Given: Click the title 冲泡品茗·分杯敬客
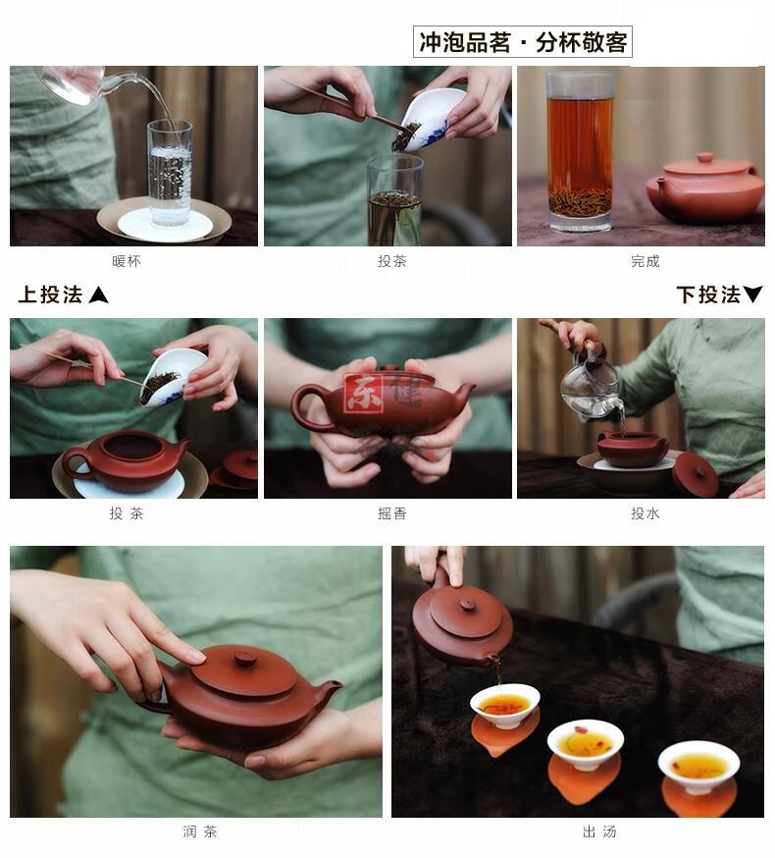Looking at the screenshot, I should [523, 42].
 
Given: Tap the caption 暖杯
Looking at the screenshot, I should [127, 261].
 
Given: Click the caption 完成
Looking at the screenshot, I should [645, 261].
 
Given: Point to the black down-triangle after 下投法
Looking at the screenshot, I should [752, 295].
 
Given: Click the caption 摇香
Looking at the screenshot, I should [392, 513].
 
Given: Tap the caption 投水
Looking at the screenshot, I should [645, 513].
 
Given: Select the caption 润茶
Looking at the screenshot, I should [199, 831].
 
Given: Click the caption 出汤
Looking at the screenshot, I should [598, 831].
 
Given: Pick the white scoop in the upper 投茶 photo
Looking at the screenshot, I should [435, 118].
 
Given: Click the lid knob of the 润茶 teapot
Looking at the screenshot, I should [245, 658].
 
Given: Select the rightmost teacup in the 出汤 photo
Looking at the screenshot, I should [698, 765].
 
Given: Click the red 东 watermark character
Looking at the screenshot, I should [363, 393].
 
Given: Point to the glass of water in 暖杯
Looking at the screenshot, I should [170, 172].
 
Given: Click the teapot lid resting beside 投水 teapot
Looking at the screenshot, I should [696, 473].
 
